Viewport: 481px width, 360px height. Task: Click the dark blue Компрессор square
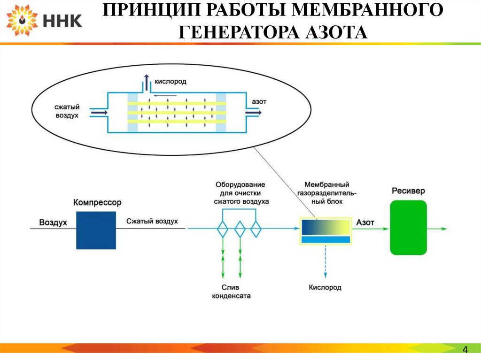(x=96, y=230)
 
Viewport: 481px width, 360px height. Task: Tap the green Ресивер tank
(x=408, y=228)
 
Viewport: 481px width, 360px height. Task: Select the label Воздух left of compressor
(x=53, y=222)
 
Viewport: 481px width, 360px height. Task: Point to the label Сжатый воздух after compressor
(x=152, y=221)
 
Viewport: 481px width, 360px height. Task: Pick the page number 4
(x=465, y=349)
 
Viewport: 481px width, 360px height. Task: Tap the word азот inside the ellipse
(x=259, y=101)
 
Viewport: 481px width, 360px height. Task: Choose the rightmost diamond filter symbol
(x=256, y=230)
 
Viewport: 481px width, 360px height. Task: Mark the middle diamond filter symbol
(x=240, y=230)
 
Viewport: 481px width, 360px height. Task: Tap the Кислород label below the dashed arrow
(x=325, y=287)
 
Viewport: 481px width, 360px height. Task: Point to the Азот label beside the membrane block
(x=365, y=222)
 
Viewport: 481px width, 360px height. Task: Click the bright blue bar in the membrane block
(x=326, y=239)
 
